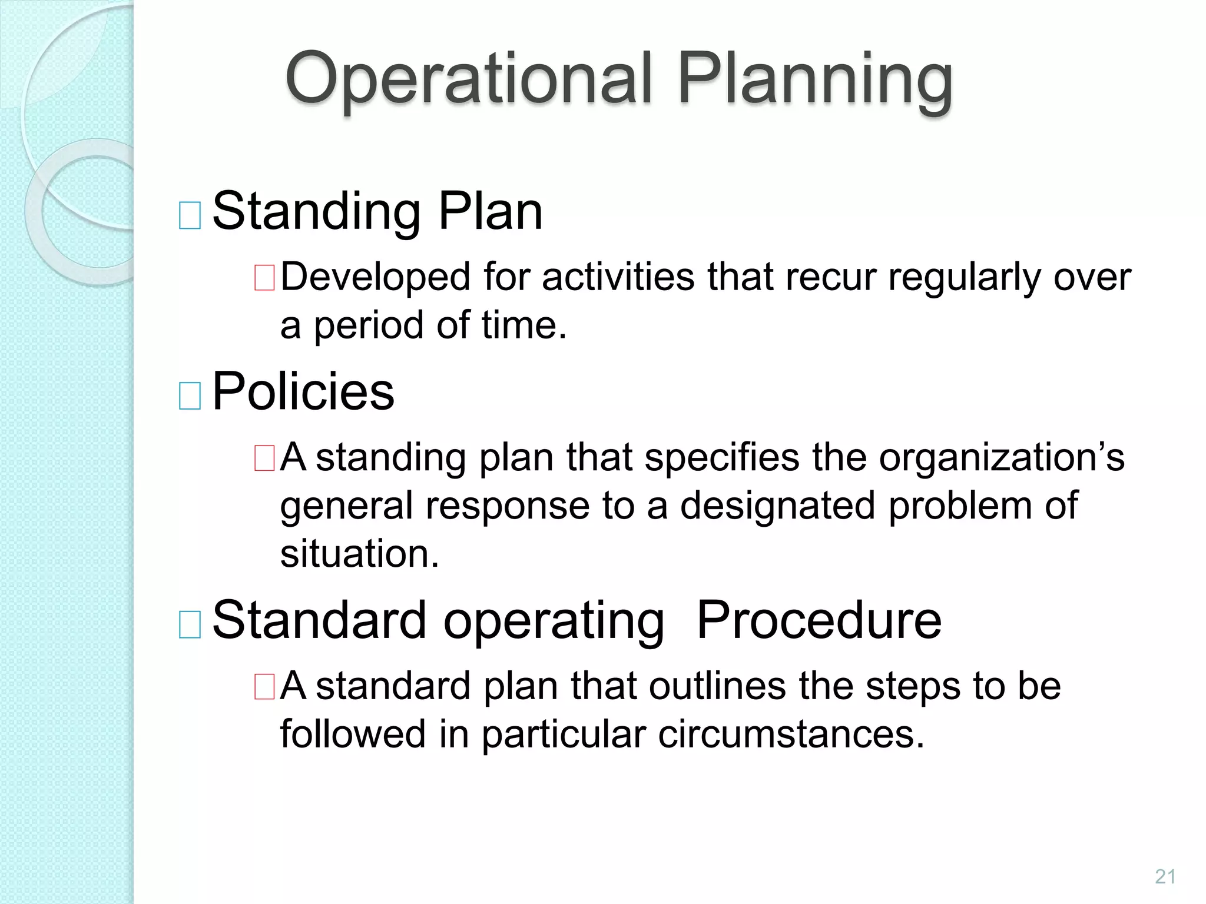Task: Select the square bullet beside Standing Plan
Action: [190, 215]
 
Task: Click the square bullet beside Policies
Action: [190, 395]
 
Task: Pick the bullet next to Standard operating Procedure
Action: [190, 624]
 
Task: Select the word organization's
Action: [1002, 457]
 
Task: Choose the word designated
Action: [777, 506]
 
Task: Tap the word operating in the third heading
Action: [554, 621]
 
